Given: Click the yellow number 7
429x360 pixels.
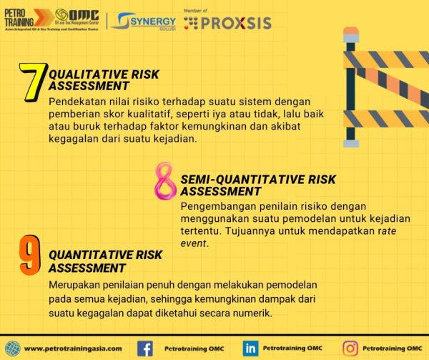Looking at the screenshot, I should (x=32, y=80).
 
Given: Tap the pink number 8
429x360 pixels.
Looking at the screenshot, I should (x=165, y=182).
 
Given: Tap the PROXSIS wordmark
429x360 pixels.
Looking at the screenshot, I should (x=236, y=22).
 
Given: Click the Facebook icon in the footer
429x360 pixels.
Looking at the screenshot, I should (x=145, y=349).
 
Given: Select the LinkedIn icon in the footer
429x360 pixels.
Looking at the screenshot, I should (x=250, y=349).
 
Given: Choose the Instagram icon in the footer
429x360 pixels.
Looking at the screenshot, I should (x=350, y=349).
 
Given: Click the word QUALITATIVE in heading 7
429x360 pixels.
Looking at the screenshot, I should (x=84, y=73).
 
